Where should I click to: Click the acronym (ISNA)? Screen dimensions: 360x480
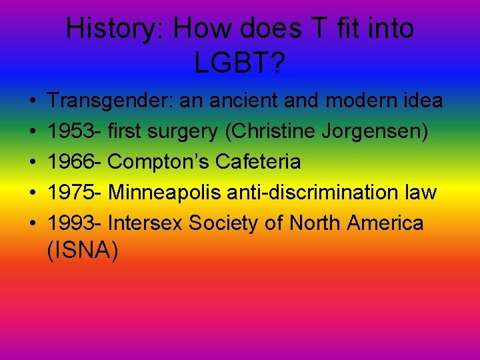click(x=83, y=251)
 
